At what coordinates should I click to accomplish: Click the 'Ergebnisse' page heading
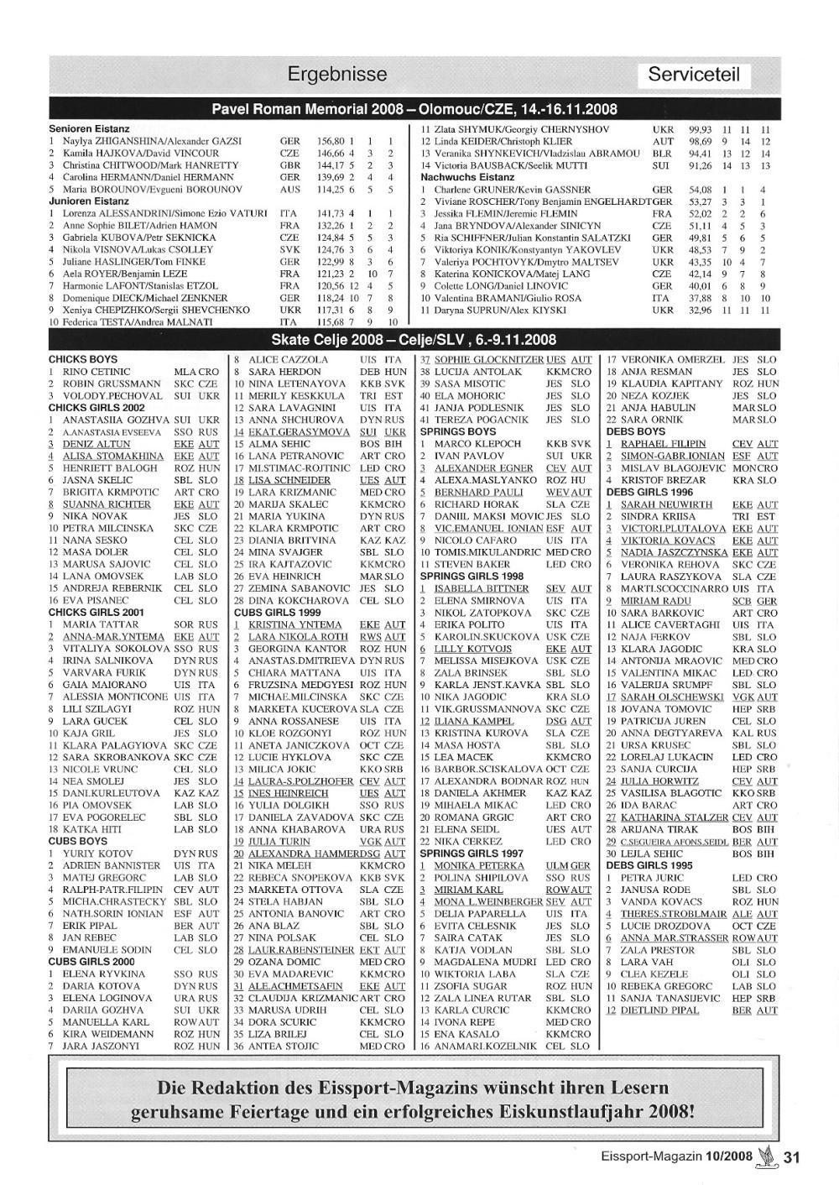click(337, 75)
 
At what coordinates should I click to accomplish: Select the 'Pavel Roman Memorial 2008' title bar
click(414, 109)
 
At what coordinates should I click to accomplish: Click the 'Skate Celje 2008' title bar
click(414, 340)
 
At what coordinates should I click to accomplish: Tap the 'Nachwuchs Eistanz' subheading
click(467, 178)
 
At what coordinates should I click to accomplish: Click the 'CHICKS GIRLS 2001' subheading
click(96, 613)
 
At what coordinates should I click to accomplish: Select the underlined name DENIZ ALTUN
click(96, 444)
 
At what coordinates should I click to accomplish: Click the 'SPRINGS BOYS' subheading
click(458, 431)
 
